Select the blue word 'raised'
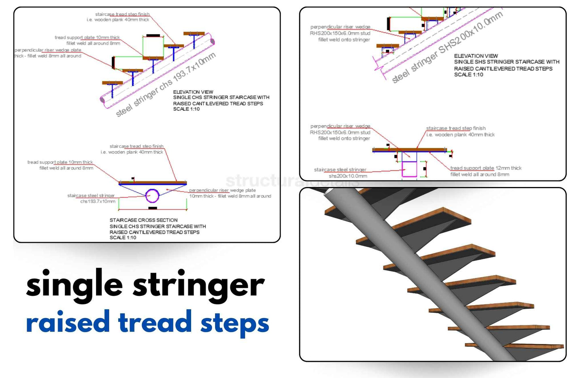[68, 323]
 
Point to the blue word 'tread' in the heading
[155, 323]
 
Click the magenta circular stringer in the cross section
[152, 196]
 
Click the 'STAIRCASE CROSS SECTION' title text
[143, 220]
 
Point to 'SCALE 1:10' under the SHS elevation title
[468, 75]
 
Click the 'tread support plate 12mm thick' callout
[486, 168]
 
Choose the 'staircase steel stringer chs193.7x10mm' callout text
[91, 198]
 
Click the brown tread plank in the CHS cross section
[152, 183]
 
